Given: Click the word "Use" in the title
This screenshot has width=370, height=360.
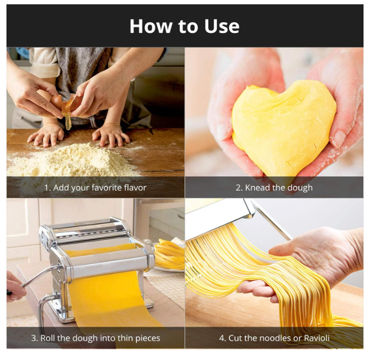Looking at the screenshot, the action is [222, 26].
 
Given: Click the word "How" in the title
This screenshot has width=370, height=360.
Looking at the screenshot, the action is [150, 26].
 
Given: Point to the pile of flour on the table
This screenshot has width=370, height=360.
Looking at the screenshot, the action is [71, 160].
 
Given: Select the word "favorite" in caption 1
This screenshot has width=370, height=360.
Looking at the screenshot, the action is [106, 188].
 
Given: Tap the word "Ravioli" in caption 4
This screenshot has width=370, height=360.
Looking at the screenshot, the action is [317, 338].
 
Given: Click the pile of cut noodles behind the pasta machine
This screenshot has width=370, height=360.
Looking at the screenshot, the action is [169, 254].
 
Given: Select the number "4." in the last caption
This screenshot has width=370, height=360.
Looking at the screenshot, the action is [223, 338].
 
